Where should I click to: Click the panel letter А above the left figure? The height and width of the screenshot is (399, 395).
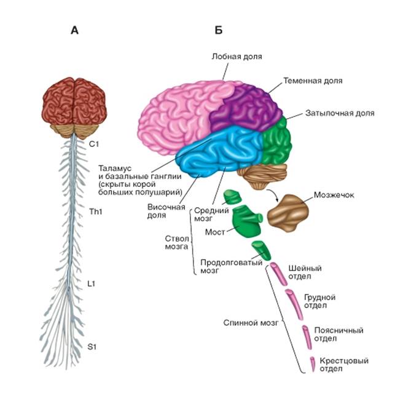pyautogui.click(x=75, y=30)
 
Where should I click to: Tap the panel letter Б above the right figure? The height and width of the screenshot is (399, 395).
pyautogui.click(x=218, y=30)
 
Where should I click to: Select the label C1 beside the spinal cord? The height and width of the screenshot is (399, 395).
pyautogui.click(x=93, y=144)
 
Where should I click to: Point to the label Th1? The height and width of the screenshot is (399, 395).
pyautogui.click(x=95, y=211)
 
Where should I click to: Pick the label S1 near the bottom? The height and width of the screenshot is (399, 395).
pyautogui.click(x=92, y=347)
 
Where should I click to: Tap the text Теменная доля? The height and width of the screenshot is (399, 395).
pyautogui.click(x=313, y=81)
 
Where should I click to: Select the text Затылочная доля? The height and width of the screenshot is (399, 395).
pyautogui.click(x=339, y=114)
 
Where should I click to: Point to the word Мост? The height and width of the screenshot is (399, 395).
pyautogui.click(x=214, y=231)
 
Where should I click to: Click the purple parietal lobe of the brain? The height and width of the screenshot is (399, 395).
pyautogui.click(x=246, y=108)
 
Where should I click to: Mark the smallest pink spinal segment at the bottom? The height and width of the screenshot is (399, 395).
pyautogui.click(x=313, y=364)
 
